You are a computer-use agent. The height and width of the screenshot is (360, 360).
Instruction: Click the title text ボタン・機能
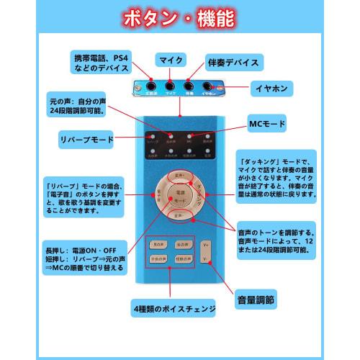point(179,18)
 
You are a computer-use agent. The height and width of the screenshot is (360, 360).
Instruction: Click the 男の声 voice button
point(159,245)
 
